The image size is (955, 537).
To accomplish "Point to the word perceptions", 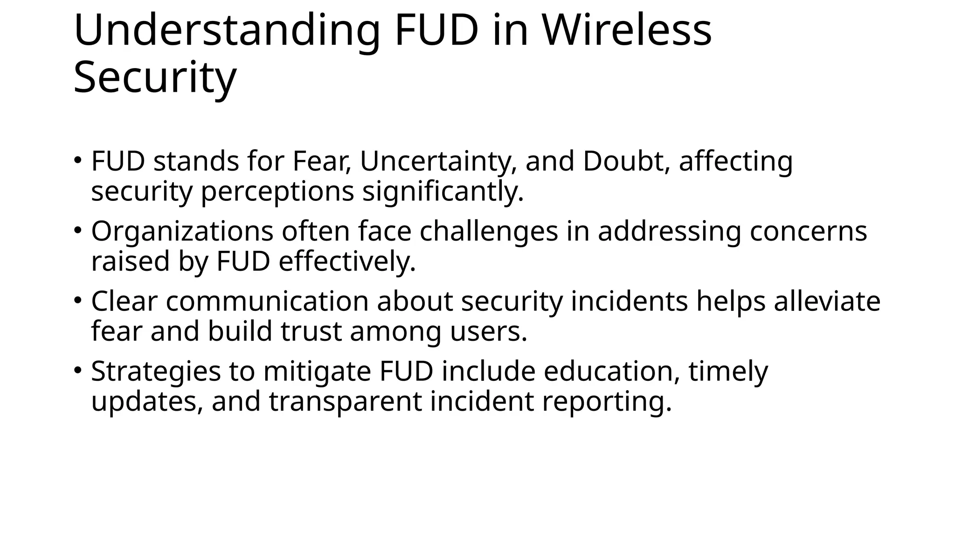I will pyautogui.click(x=277, y=192).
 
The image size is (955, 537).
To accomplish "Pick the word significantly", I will pyautogui.click(x=443, y=192).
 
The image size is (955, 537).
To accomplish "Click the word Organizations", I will pyautogui.click(x=182, y=231).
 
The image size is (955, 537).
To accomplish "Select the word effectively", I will pyautogui.click(x=347, y=262).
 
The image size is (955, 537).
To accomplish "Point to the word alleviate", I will pyautogui.click(x=827, y=301).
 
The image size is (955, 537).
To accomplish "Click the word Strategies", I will pyautogui.click(x=156, y=372).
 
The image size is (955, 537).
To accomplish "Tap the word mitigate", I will pyautogui.click(x=317, y=372).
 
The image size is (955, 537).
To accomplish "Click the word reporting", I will pyautogui.click(x=607, y=402).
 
